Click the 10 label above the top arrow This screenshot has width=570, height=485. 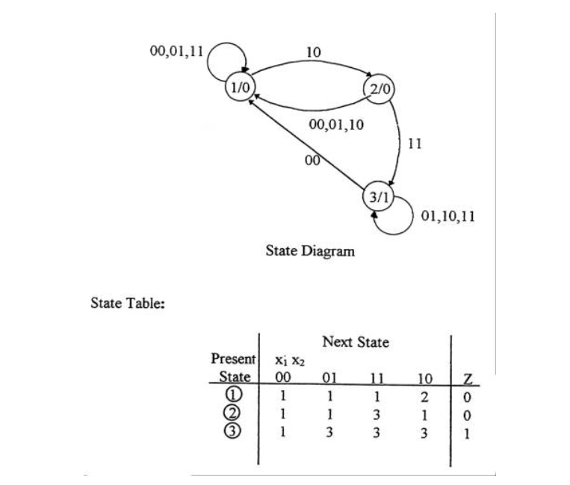[315, 52]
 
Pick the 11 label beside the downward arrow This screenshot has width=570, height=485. [416, 143]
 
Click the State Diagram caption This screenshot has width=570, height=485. [310, 251]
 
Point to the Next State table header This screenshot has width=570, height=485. [356, 342]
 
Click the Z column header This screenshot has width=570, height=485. [467, 377]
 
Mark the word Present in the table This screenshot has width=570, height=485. [233, 358]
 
